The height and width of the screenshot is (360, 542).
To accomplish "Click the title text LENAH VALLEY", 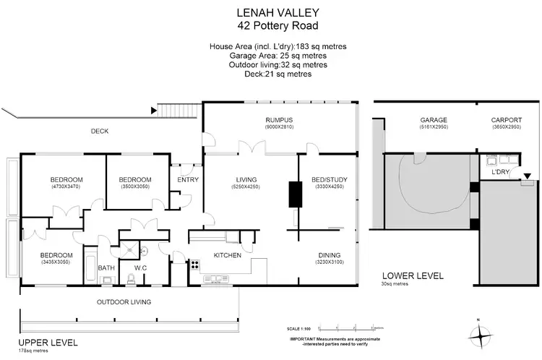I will [x=270, y=12].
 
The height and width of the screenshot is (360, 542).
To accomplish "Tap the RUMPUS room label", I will [x=278, y=119].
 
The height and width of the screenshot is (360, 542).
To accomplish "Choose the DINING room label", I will [x=330, y=254].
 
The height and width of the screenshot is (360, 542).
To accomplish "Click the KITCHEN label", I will [x=226, y=255].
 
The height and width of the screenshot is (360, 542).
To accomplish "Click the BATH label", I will [x=106, y=268].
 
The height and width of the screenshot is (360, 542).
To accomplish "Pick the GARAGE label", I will [x=434, y=120].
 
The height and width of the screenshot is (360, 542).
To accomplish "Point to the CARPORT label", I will [x=506, y=120].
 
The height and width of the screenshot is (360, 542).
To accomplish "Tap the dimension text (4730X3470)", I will [x=66, y=187].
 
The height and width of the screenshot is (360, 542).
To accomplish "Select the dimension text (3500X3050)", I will [x=135, y=187].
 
